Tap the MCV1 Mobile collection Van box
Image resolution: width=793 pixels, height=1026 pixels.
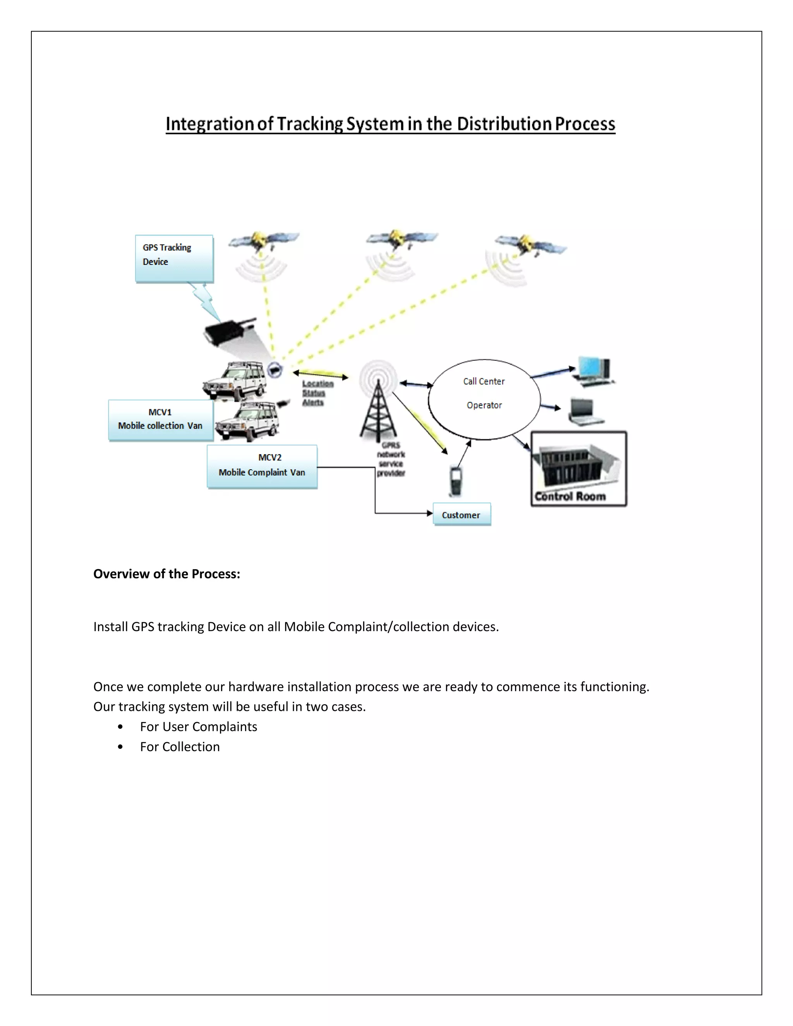pos(161,420)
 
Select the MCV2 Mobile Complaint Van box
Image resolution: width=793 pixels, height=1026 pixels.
pos(262,466)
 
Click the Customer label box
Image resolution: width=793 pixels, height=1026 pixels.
pos(461,515)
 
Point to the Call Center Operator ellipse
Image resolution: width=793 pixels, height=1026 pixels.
pos(484,399)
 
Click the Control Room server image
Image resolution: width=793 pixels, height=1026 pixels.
pos(578,468)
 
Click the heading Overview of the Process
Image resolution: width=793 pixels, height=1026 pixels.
pos(167,574)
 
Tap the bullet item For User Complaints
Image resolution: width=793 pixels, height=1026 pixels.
pos(198,726)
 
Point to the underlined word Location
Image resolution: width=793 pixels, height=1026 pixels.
pos(318,384)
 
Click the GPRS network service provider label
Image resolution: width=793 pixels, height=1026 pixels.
pos(391,459)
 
